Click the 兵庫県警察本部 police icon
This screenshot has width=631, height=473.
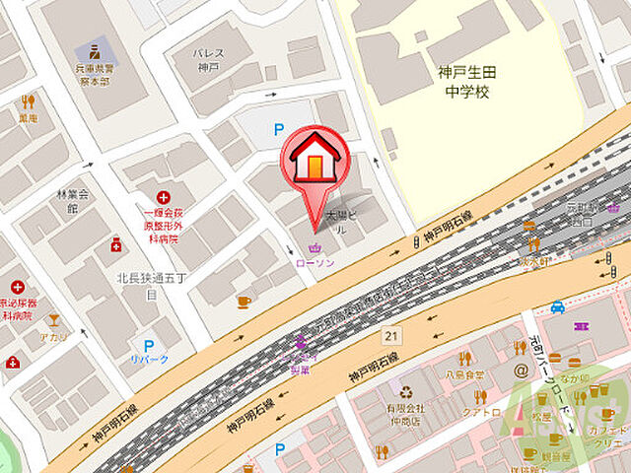95,50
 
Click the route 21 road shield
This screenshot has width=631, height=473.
391,336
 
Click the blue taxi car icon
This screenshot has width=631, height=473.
558,306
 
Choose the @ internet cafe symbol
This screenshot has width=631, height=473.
521,372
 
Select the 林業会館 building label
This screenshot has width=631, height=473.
72,201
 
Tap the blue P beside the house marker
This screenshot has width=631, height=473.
278,128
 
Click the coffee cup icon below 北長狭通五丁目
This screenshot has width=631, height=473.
244,303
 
